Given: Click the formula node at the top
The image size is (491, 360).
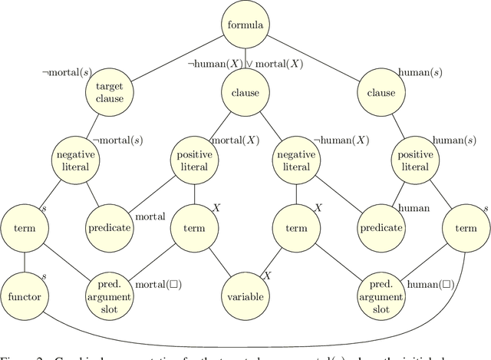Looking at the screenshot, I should [x=245, y=25].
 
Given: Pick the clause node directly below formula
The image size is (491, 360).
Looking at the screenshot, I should [x=245, y=93].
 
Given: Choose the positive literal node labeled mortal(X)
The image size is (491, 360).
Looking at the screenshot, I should [x=193, y=160].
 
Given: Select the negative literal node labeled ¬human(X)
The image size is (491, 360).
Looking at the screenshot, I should [x=297, y=160].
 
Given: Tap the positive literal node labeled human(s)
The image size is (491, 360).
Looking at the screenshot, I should [x=415, y=160].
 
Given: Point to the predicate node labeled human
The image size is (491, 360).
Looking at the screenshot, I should [x=381, y=228].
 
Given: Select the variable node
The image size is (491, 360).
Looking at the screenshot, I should [x=245, y=296].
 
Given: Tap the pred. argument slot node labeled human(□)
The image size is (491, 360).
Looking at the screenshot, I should [x=381, y=296].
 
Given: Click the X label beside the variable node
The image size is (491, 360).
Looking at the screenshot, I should [x=268, y=276].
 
